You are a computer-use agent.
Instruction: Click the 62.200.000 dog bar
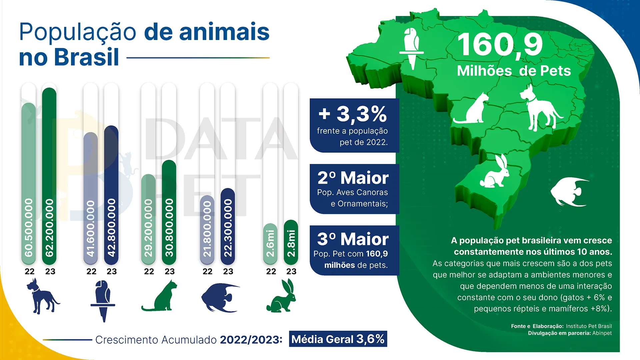[x=49, y=177]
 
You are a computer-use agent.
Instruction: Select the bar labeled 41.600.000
[x=91, y=198]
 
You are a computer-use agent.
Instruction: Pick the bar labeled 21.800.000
[x=207, y=230]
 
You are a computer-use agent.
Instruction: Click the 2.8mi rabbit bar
[x=291, y=242]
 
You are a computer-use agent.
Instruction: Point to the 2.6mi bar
[x=270, y=244]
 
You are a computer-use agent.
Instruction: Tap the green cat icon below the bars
[x=160, y=296]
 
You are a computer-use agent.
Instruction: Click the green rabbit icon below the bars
[x=282, y=297]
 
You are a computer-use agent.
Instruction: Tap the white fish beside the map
[x=569, y=192]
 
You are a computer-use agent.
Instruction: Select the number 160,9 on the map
[x=500, y=45]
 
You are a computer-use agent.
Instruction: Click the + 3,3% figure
[x=353, y=114]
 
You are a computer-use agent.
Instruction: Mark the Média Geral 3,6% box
[x=338, y=339]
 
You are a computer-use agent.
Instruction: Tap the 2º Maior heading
[x=353, y=178]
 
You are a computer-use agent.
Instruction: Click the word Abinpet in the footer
[x=602, y=333]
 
